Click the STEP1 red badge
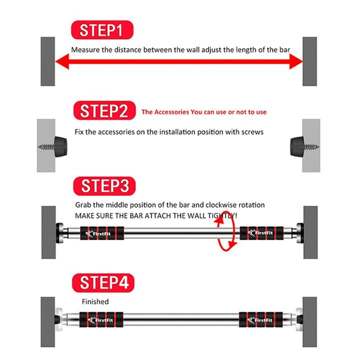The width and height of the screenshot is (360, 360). (x=103, y=30)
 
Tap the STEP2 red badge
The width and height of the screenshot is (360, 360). (x=103, y=110)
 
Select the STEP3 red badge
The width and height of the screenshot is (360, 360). (x=103, y=186)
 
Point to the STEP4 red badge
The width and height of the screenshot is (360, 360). (x=103, y=282)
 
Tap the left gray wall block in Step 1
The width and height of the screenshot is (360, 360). (x=47, y=61)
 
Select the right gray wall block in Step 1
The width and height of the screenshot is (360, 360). (x=309, y=61)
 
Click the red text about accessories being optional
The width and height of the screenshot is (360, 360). (x=204, y=112)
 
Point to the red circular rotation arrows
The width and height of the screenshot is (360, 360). (x=225, y=232)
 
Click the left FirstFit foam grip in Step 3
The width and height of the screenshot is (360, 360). (x=103, y=233)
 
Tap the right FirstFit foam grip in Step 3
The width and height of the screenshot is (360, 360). (x=261, y=233)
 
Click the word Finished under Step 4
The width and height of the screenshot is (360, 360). (x=95, y=301)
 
